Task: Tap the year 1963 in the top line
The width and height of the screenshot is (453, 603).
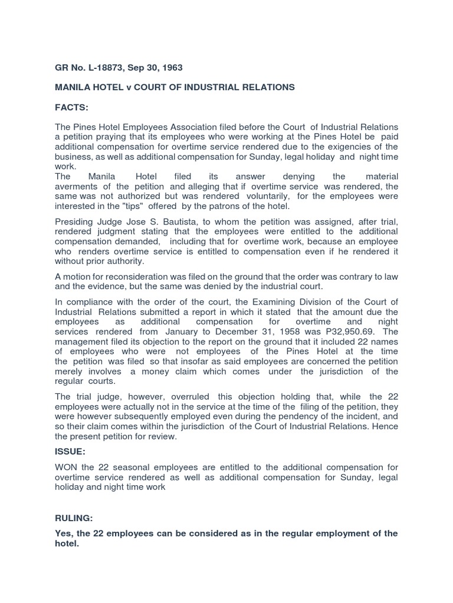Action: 171,68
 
